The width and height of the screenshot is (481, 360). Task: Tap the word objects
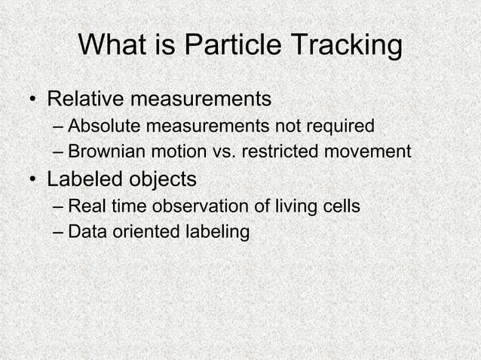point(161,180)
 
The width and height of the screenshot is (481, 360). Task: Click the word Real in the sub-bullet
point(84,206)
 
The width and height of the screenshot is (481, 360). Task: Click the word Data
point(84,231)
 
